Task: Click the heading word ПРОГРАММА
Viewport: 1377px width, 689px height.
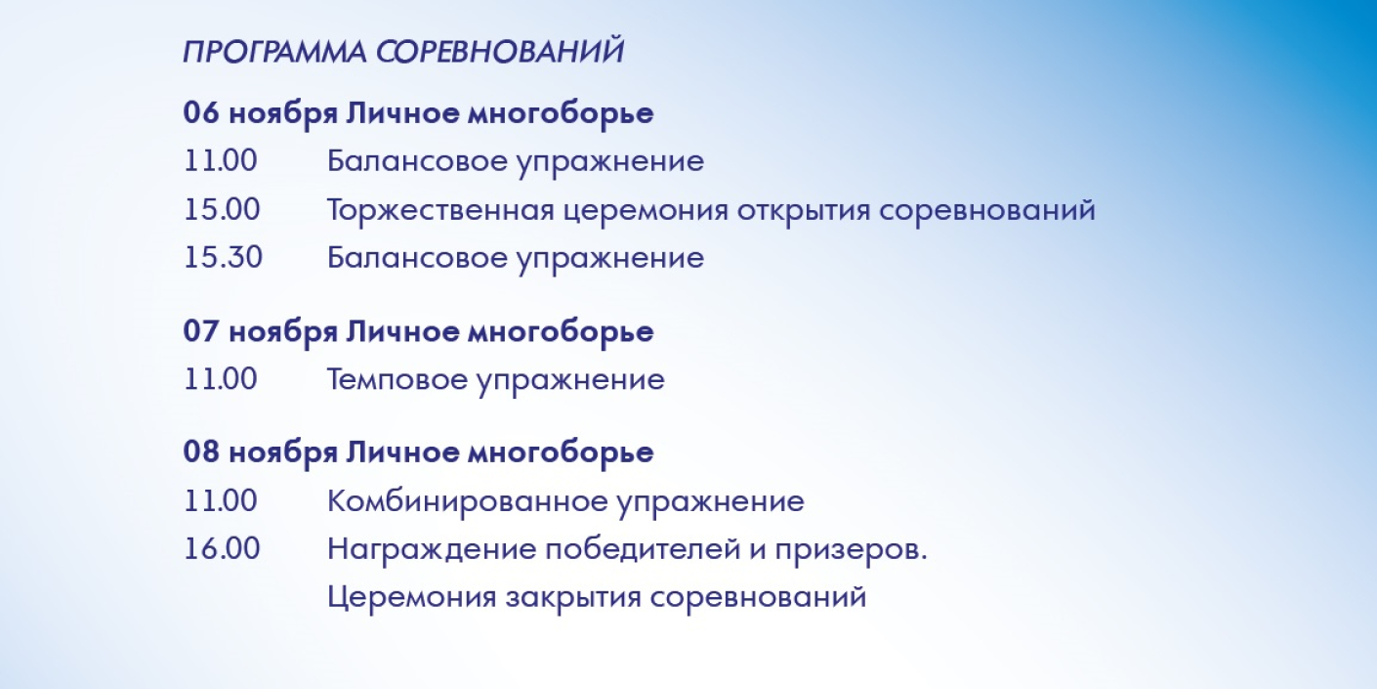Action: pyautogui.click(x=274, y=52)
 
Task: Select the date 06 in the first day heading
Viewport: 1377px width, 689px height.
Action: pyautogui.click(x=201, y=112)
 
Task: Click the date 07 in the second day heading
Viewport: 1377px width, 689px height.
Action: pyautogui.click(x=201, y=331)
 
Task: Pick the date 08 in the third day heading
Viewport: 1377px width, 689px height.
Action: pyautogui.click(x=201, y=452)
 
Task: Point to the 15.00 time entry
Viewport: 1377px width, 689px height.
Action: pyautogui.click(x=222, y=209)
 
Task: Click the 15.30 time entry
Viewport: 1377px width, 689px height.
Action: pyautogui.click(x=223, y=257)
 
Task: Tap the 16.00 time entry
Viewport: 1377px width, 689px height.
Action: pyautogui.click(x=222, y=548)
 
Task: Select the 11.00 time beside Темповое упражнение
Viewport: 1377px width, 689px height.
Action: pyautogui.click(x=221, y=379)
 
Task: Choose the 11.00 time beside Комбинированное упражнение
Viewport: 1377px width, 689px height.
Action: pyautogui.click(x=221, y=500)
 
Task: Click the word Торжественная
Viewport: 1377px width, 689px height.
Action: pyautogui.click(x=440, y=210)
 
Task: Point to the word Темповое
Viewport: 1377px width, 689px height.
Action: pyautogui.click(x=397, y=379)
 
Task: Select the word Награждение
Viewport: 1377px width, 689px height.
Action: pyautogui.click(x=432, y=549)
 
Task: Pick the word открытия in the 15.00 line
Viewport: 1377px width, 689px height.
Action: pyautogui.click(x=804, y=210)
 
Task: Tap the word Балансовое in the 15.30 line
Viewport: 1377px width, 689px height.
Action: pyautogui.click(x=417, y=257)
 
